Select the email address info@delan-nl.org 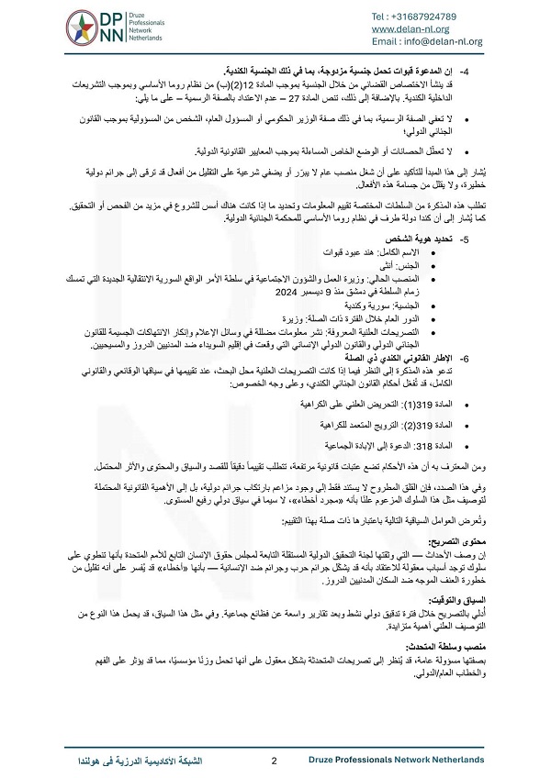pos(451,41)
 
